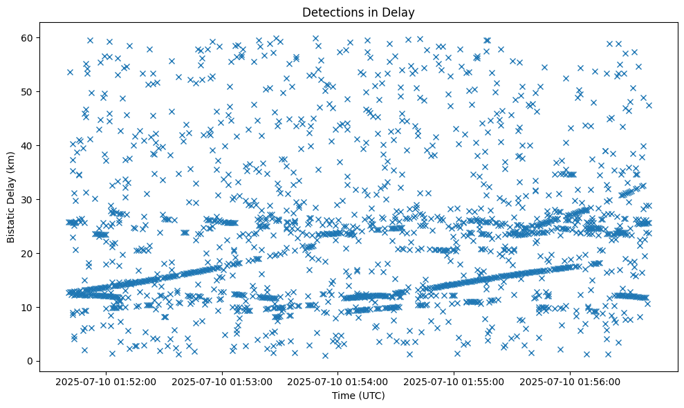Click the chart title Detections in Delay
358,12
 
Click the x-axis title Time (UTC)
358,396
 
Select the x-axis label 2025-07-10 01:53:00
223,380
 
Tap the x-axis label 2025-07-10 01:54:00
339,380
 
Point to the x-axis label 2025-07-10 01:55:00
454,380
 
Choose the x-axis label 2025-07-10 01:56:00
571,380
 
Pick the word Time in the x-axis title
343,396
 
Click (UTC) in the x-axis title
370,396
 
